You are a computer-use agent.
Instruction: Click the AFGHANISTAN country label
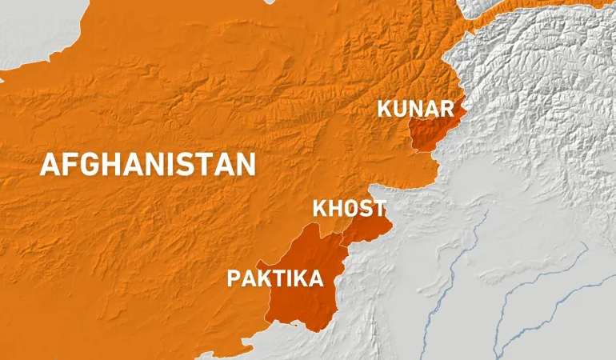148,164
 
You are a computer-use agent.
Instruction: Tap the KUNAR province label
416,109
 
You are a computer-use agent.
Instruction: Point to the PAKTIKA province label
275,278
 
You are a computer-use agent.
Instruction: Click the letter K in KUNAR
385,109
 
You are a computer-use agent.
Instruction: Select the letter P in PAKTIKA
234,278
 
